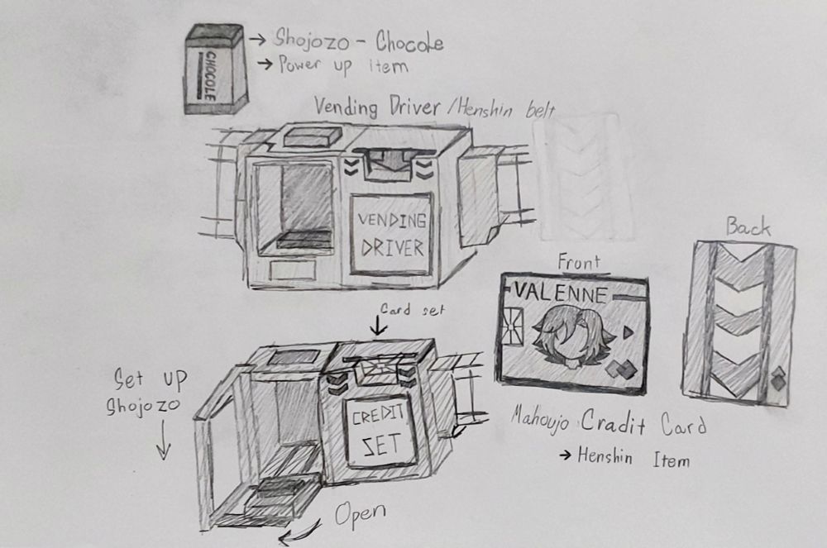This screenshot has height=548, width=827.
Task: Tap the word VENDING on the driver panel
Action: pyautogui.click(x=392, y=221)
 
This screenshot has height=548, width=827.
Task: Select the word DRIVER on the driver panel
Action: pyautogui.click(x=392, y=248)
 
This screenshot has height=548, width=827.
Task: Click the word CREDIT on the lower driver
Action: pyautogui.click(x=378, y=416)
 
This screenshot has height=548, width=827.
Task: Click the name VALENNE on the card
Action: pyautogui.click(x=561, y=293)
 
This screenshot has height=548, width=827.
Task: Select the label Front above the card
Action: pyautogui.click(x=579, y=262)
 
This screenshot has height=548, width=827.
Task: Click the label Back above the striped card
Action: pyautogui.click(x=748, y=227)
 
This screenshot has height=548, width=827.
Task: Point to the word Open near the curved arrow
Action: pyautogui.click(x=361, y=514)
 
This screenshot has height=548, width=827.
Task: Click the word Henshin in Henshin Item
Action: pyautogui.click(x=605, y=455)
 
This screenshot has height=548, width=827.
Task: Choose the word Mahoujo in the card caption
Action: pyautogui.click(x=539, y=422)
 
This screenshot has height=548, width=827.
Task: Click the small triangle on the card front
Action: pyautogui.click(x=628, y=332)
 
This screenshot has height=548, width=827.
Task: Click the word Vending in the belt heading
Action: pyautogui.click(x=346, y=107)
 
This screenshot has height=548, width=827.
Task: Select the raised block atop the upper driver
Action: pyautogui.click(x=312, y=136)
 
